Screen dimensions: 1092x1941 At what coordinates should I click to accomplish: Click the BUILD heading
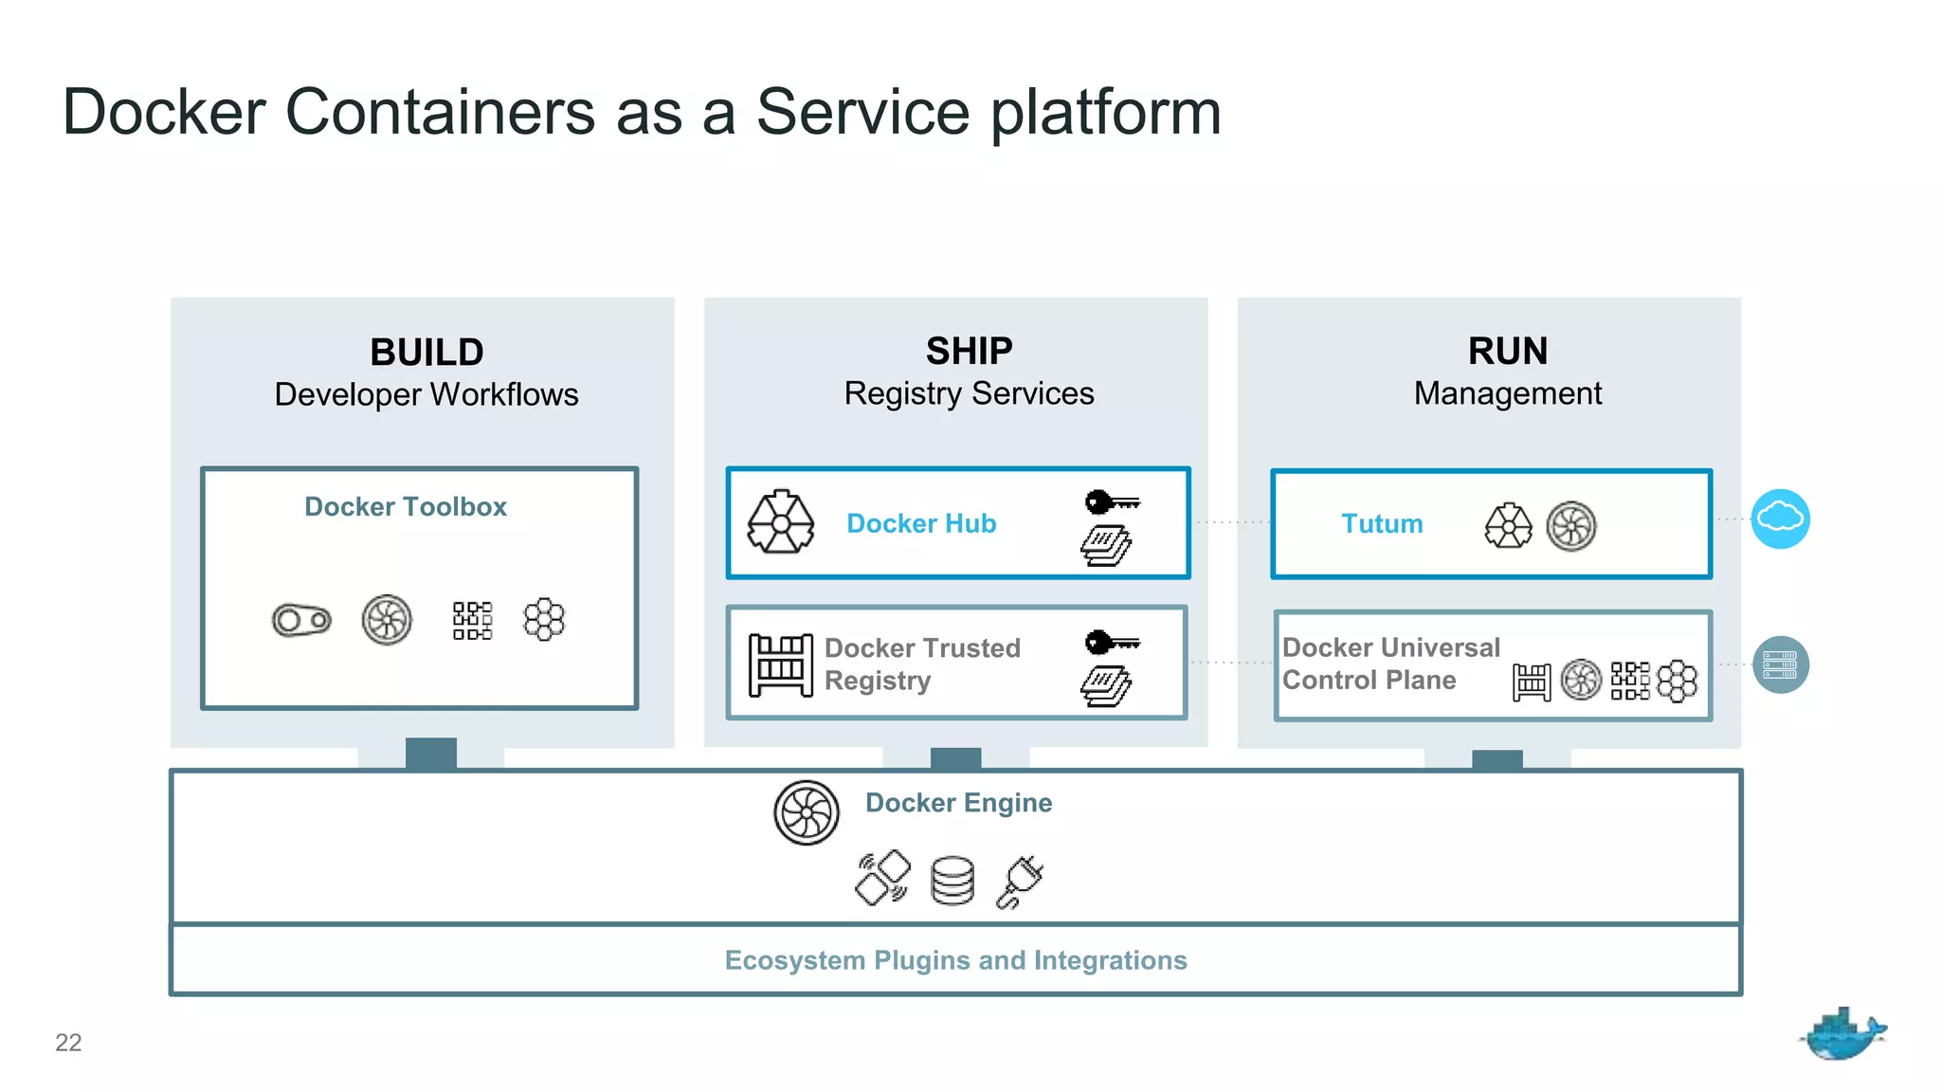[x=426, y=353]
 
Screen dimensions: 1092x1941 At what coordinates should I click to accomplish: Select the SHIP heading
[x=969, y=352]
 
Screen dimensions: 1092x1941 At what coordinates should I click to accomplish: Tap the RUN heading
[x=1507, y=352]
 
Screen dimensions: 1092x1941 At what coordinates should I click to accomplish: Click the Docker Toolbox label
[x=406, y=507]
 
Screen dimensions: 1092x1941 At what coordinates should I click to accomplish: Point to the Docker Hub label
[x=921, y=523]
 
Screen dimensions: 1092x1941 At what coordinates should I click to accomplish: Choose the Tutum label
[x=1382, y=524]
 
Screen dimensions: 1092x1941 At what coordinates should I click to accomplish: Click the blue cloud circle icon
[x=1780, y=519]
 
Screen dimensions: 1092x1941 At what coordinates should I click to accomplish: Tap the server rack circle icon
[x=1780, y=664]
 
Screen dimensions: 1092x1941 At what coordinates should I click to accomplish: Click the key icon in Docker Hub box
[x=1112, y=501]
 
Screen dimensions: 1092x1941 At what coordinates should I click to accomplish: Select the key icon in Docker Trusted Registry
[x=1112, y=643]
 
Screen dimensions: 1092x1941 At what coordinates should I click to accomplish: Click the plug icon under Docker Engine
[x=1021, y=882]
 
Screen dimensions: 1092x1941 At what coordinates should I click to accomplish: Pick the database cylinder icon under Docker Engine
[x=952, y=881]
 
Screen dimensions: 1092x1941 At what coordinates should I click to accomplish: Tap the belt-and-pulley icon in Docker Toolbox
[x=301, y=621]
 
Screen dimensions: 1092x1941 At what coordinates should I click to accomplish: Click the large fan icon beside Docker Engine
[x=807, y=813]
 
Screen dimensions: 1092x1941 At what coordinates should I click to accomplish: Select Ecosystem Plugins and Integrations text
[x=955, y=960]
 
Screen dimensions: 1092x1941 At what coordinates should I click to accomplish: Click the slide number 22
[x=68, y=1043]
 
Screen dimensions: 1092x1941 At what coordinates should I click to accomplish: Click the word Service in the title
[x=862, y=112]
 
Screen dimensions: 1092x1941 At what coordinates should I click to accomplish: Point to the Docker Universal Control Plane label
[x=1390, y=664]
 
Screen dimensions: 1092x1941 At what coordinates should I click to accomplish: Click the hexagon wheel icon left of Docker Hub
[x=780, y=522]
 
